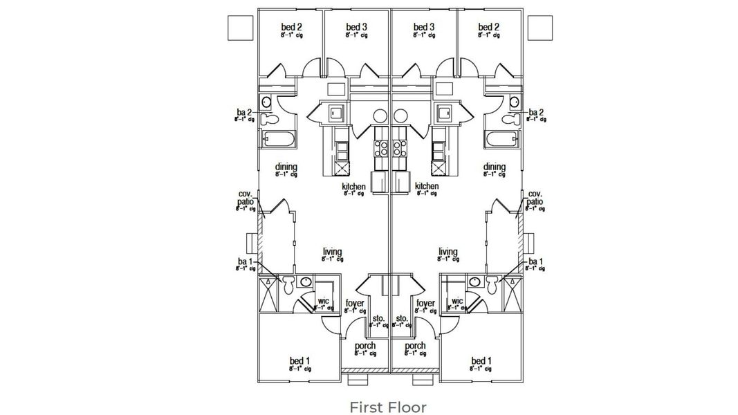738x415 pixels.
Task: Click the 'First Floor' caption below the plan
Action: coord(387,407)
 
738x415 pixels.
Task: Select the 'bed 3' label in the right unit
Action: coord(424,27)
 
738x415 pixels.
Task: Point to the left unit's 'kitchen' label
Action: coord(353,187)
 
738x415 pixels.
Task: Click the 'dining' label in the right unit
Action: coord(495,167)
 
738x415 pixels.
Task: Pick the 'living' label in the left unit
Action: coord(332,252)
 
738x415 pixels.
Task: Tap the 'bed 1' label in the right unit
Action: coord(481,361)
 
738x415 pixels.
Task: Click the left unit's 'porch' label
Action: coord(365,346)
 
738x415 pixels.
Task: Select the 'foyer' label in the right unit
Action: coord(426,304)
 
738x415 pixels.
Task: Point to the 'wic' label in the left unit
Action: coord(323,302)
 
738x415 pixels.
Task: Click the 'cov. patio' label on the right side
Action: coord(535,198)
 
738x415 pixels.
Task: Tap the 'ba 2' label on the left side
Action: coord(243,112)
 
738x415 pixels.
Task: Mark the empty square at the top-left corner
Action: coord(239,27)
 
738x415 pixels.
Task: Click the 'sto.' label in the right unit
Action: coord(402,319)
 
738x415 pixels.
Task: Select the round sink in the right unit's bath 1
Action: coord(475,282)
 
